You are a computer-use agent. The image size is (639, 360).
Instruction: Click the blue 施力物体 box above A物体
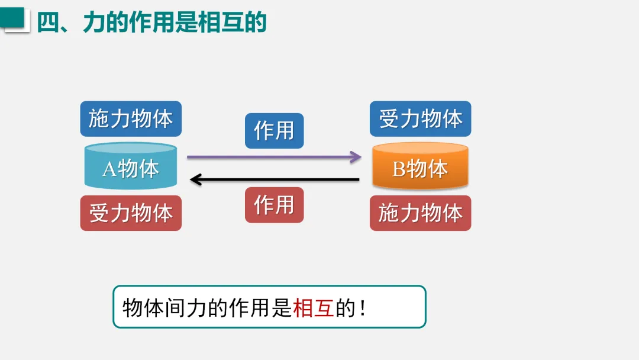click(x=131, y=119)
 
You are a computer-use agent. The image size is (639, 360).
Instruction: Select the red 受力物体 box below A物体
click(x=131, y=213)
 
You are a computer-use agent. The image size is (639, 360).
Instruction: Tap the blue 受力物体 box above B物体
click(x=420, y=119)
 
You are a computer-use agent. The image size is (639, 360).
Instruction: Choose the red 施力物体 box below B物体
click(x=420, y=213)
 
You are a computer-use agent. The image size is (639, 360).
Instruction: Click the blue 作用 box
click(x=274, y=130)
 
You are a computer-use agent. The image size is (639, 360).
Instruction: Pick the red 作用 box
click(x=274, y=205)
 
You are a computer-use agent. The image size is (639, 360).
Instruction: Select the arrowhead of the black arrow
click(x=195, y=179)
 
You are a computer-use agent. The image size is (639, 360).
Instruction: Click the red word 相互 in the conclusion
click(x=314, y=308)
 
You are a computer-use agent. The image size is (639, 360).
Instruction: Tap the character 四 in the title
click(x=49, y=22)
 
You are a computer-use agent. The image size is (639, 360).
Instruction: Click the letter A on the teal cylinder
click(x=109, y=169)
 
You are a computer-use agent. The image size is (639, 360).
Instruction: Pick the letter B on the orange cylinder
click(x=399, y=169)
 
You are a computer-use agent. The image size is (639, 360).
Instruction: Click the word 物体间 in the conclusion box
click(x=154, y=308)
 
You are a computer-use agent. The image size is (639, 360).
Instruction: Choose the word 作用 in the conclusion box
click(x=250, y=308)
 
